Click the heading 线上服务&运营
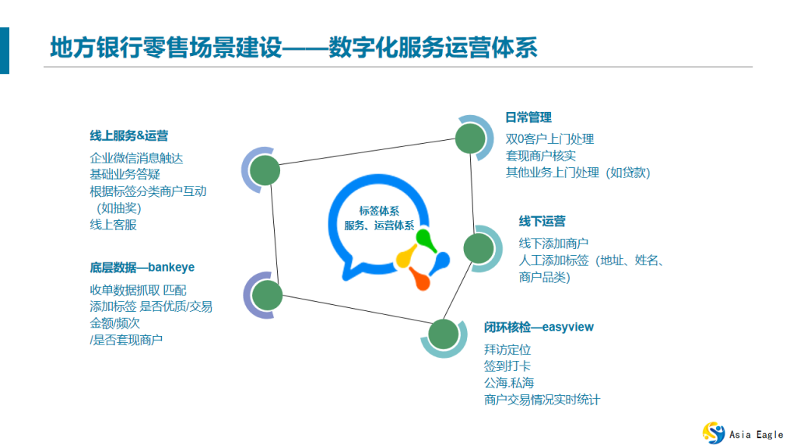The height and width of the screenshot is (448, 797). (x=128, y=135)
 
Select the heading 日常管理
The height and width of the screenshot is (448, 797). (x=528, y=117)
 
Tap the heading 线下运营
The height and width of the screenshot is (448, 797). (x=542, y=222)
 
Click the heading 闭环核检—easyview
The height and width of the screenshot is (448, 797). (x=539, y=327)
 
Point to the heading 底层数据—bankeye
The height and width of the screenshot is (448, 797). (x=142, y=268)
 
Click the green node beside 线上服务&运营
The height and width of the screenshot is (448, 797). (x=265, y=170)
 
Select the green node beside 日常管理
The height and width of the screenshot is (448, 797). (x=470, y=138)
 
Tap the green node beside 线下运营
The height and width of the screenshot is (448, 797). (x=478, y=248)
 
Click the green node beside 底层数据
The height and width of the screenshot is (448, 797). (x=267, y=295)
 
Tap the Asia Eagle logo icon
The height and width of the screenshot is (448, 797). (x=713, y=432)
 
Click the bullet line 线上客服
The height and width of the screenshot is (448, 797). (x=113, y=225)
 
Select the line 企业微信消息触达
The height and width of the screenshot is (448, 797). (x=136, y=158)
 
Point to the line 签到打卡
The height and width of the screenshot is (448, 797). (x=507, y=366)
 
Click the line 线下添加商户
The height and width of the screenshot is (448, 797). (x=553, y=243)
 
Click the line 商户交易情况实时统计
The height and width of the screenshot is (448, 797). (x=542, y=400)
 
